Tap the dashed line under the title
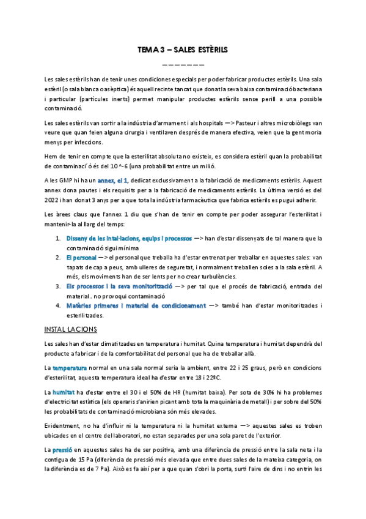[x=183, y=64]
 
